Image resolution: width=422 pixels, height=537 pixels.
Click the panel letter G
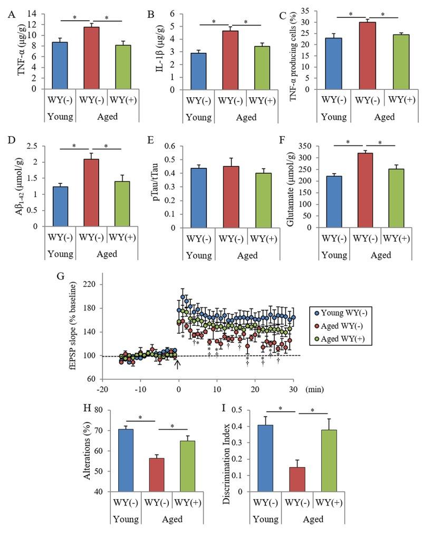point(75,276)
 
